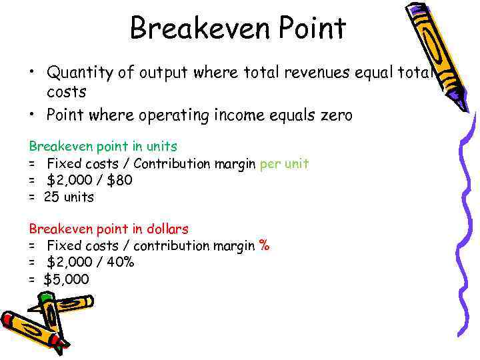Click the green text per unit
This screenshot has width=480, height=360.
coord(284,163)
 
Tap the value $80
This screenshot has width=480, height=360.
coord(119,180)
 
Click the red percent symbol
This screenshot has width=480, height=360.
coord(264,246)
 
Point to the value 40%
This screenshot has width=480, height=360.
coord(120,262)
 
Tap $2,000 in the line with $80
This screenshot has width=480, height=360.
coord(69,180)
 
